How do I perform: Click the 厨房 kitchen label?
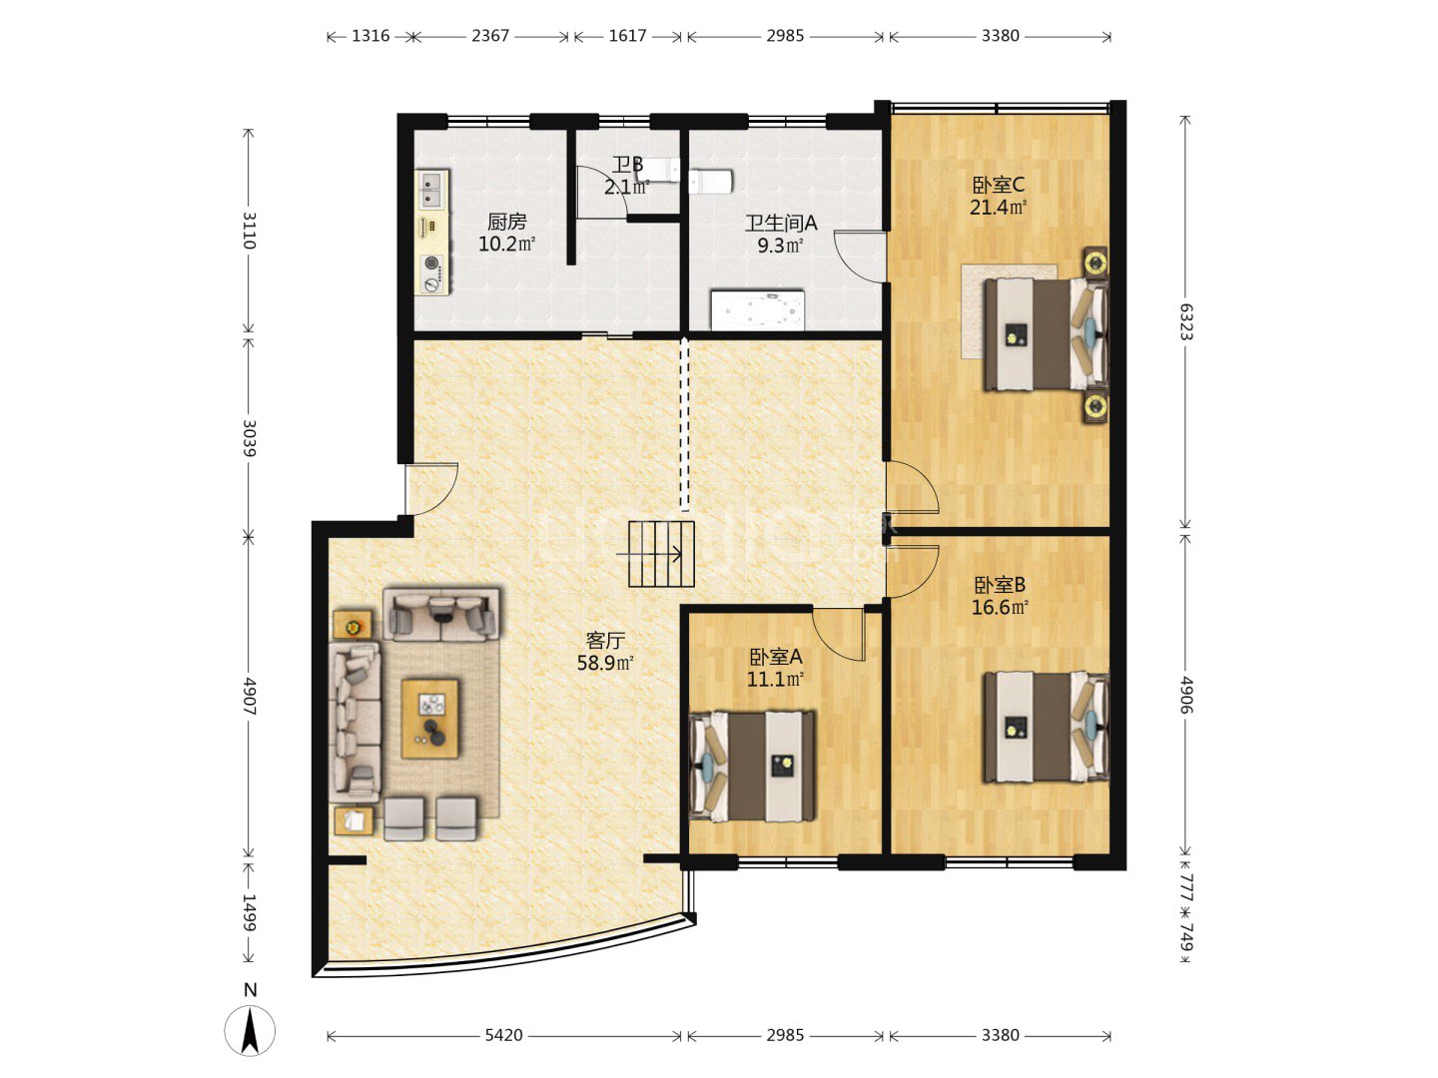[506, 222]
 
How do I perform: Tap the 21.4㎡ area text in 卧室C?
[998, 208]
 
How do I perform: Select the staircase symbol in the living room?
[661, 554]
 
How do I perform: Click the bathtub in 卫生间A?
[757, 310]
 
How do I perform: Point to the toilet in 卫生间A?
[710, 182]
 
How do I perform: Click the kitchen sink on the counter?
[430, 188]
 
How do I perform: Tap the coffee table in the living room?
[429, 719]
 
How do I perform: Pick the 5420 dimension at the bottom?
[503, 1035]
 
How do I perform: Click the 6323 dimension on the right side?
[1185, 321]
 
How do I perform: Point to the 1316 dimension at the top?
[370, 35]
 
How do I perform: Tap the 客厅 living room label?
[605, 641]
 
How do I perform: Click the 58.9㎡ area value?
[605, 663]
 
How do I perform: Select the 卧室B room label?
[999, 585]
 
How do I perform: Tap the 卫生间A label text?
[780, 224]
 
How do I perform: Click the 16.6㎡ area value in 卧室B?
[999, 607]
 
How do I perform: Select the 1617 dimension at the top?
[627, 35]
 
